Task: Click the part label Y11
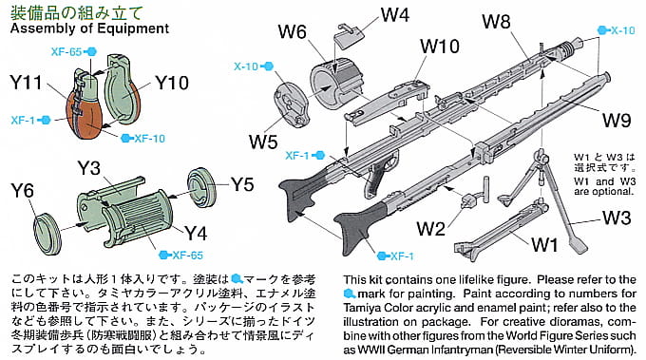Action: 26,83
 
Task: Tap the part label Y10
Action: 172,83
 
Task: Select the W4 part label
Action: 395,15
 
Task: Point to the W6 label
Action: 292,31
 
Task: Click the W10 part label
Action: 440,47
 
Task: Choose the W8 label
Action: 497,22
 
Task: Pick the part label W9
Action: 617,121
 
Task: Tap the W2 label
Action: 431,229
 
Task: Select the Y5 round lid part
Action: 201,187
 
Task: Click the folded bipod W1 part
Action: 501,230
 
